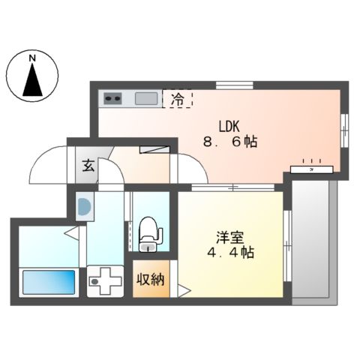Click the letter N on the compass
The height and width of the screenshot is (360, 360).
(31, 58)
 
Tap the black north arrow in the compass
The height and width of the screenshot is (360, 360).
(31, 80)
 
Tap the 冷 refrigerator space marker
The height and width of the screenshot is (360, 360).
(178, 98)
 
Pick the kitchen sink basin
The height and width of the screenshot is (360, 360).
(145, 98)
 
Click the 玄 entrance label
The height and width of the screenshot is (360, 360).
(88, 166)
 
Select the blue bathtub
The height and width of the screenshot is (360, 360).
(49, 283)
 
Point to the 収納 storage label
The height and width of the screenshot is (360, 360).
(151, 280)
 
